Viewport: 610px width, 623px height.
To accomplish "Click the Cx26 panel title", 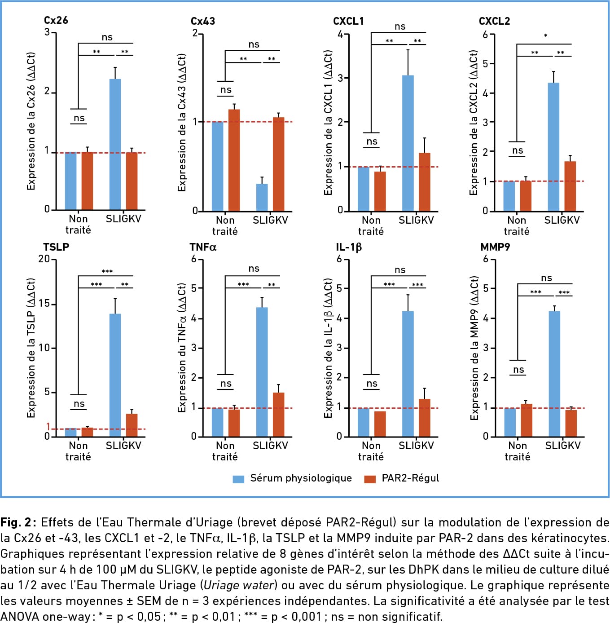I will (x=56, y=20).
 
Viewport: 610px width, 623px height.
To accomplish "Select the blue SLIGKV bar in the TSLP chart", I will (x=115, y=375).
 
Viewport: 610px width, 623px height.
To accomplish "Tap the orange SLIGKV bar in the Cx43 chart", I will (x=279, y=164).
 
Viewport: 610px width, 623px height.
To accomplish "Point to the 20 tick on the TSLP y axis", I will (x=44, y=259).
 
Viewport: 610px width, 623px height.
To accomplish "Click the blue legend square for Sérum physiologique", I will (x=238, y=479).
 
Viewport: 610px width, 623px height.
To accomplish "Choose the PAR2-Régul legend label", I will (x=410, y=478).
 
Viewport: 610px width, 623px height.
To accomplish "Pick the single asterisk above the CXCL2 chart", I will (x=545, y=36).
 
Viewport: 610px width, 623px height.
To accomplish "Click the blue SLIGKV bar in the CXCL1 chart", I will (x=408, y=143).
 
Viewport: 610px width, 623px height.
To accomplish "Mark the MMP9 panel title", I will (x=495, y=247).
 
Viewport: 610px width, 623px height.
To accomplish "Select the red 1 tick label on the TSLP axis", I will (x=48, y=426).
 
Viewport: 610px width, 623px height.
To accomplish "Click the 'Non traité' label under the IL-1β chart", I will (x=371, y=451).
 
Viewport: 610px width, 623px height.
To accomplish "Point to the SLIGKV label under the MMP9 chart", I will (x=562, y=446).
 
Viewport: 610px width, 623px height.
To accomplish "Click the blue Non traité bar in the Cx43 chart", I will (x=218, y=166).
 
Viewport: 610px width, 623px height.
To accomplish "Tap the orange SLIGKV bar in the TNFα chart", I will (x=279, y=415).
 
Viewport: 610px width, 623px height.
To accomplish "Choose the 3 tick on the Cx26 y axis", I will (x=47, y=32).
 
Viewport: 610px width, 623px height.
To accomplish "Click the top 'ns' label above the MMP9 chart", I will (x=546, y=278).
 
